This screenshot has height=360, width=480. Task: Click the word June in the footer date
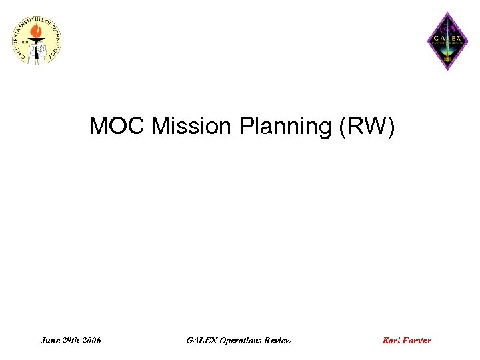pos(51,341)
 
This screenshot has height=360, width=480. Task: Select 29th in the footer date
pos(73,341)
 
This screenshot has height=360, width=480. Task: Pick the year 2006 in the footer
pos(93,341)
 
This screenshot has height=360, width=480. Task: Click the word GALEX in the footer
pos(201,341)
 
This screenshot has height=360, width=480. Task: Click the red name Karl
pos(391,341)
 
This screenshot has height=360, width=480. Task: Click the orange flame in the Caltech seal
pos(40,31)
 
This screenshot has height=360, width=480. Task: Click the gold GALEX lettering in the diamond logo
pos(447,38)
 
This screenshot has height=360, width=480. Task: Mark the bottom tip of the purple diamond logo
pos(447,71)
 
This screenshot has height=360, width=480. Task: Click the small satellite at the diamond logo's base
pos(447,60)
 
